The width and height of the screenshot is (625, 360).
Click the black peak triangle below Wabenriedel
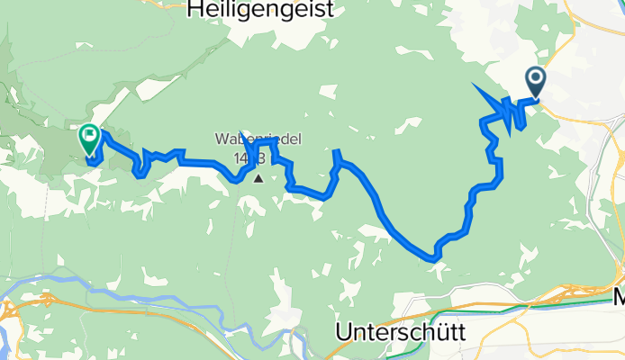coord(259,178)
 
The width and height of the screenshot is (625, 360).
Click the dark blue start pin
coord(536,84)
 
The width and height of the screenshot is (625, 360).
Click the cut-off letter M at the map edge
coord(618,301)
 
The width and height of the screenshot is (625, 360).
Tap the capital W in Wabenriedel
coord(222,140)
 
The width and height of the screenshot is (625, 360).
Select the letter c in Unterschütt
coord(412,332)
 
